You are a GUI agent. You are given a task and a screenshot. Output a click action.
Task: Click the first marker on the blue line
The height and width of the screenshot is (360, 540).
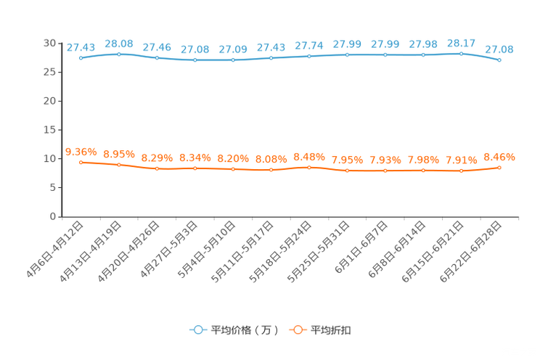coord(81,57)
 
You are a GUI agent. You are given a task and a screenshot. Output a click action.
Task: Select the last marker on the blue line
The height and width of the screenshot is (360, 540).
coord(499,60)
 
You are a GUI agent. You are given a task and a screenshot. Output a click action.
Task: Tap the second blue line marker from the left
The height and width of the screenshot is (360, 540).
coord(118,53)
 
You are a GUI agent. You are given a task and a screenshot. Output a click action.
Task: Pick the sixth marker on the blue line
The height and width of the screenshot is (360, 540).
coord(271,58)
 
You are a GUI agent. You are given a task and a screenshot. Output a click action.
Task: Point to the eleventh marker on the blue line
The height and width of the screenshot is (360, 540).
coord(461,53)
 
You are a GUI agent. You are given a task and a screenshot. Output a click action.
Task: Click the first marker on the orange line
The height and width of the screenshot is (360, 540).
coord(81,162)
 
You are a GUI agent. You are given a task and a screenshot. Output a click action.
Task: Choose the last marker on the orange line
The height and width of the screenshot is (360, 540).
coord(499,167)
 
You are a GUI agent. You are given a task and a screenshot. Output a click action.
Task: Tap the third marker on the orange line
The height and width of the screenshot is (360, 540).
coord(157,168)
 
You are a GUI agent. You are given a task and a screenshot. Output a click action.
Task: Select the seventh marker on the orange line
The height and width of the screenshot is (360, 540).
coord(309,167)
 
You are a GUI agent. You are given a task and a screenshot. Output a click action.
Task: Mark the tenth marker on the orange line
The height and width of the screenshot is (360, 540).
coord(423,170)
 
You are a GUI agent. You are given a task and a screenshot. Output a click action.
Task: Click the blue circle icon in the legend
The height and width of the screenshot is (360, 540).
coord(197,330)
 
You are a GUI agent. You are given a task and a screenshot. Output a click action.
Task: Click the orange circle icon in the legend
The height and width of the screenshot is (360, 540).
coord(296,330)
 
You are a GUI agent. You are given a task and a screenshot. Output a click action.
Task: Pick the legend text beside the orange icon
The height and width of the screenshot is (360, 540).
coord(332,330)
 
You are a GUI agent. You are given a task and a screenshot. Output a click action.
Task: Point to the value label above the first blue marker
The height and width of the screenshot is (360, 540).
coord(81,47)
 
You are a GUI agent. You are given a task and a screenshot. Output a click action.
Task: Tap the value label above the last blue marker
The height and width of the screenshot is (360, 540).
coord(499,49)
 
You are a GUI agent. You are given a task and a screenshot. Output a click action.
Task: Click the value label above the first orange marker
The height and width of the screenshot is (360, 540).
coord(81,151)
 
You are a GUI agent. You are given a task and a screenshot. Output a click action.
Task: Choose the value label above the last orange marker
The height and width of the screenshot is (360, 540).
coord(499,156)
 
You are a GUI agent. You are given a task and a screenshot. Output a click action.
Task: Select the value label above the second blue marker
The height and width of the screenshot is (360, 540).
coord(118,43)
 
